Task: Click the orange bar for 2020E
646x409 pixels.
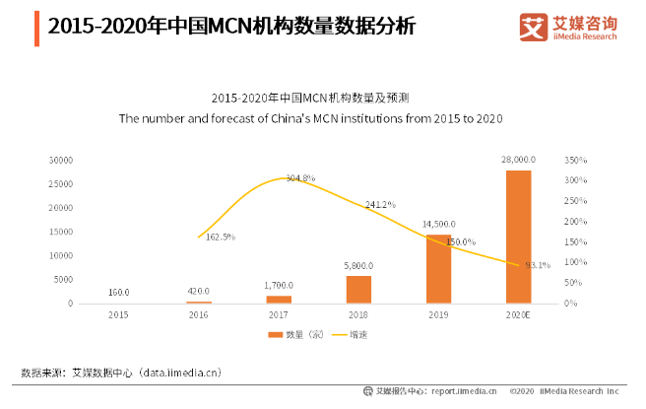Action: tap(518, 237)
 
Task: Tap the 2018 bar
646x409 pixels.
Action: tap(358, 290)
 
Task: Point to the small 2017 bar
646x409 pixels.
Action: tap(279, 299)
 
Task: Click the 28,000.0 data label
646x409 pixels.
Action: tap(518, 159)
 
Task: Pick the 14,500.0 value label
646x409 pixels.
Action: tap(438, 224)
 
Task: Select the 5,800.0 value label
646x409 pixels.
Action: tap(358, 265)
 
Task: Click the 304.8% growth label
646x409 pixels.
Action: tap(300, 178)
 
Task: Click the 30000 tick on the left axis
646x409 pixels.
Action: tap(62, 159)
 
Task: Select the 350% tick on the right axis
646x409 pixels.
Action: tap(576, 159)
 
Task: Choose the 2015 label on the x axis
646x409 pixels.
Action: tap(118, 314)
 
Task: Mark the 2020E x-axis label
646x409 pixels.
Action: tap(518, 314)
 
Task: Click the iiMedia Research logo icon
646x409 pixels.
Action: tap(532, 27)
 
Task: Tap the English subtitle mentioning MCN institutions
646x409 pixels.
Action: tap(311, 118)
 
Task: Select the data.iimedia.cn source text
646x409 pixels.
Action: tap(179, 373)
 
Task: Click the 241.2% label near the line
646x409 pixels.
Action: tap(380, 205)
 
